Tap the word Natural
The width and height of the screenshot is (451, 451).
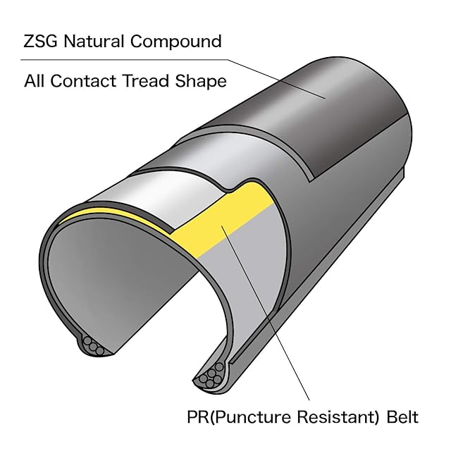(94, 41)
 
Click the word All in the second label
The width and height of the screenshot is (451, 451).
(35, 81)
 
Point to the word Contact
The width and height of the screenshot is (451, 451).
(84, 81)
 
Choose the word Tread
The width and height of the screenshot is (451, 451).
(146, 81)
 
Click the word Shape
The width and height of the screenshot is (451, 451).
(201, 82)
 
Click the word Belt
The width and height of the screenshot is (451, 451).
(402, 416)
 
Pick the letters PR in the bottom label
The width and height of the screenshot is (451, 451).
(198, 416)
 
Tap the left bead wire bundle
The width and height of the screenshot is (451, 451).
(93, 346)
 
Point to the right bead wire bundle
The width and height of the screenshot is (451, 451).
(211, 376)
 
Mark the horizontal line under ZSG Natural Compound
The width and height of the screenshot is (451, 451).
(124, 60)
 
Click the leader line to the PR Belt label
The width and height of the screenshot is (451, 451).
(265, 313)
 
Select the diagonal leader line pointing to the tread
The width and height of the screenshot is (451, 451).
(276, 79)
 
